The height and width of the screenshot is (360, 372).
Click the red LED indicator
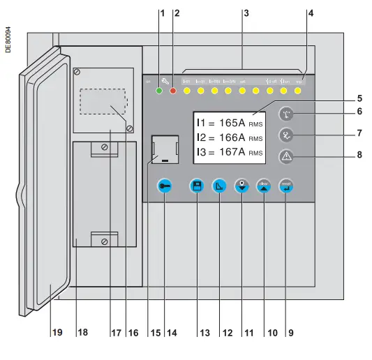(172, 91)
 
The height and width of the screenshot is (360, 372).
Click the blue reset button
(286, 186)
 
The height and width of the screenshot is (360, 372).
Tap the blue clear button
(263, 186)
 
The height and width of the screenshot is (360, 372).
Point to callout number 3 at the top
(245, 13)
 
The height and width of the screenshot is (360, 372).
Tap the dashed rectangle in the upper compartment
(103, 102)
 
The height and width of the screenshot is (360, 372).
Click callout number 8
(360, 155)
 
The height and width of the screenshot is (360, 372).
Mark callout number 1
(161, 13)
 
